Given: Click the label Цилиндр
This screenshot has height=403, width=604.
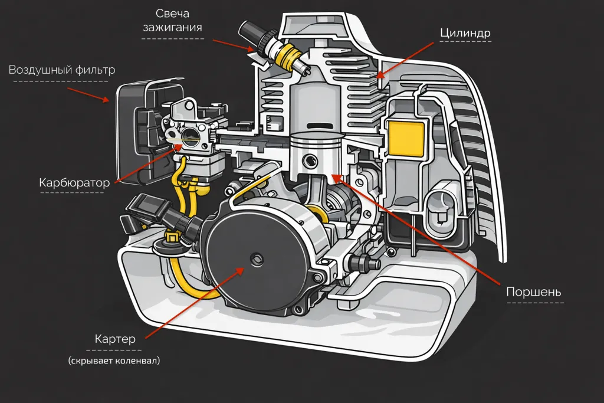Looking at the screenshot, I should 465,33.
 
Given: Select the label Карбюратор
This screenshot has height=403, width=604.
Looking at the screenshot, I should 74,183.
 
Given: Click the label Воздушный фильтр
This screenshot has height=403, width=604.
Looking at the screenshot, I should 61,70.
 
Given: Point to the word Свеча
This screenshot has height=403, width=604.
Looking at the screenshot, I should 172,13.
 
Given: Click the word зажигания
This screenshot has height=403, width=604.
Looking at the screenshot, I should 172,27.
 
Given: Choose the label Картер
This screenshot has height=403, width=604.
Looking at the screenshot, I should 116,339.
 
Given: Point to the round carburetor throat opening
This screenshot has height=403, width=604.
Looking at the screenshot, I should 191,139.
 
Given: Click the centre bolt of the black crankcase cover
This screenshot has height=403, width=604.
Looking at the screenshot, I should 255,257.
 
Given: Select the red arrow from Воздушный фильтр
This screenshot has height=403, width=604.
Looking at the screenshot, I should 88,94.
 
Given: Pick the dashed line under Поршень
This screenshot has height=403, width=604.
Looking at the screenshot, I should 534,303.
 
